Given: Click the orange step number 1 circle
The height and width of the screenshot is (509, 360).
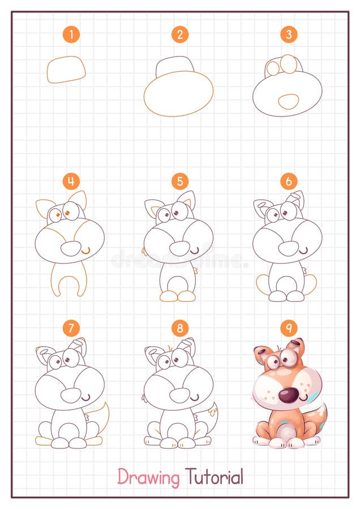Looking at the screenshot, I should tap(71, 35).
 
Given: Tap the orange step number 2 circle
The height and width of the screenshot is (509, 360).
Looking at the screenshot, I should tap(179, 35).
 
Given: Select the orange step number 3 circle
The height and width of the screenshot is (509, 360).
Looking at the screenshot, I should tap(288, 35).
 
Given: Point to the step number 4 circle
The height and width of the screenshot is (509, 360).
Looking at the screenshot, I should tap(71, 181).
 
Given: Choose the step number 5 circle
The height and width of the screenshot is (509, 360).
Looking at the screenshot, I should tap(179, 181).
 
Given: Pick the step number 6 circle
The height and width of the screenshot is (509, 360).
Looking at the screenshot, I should tap(288, 181).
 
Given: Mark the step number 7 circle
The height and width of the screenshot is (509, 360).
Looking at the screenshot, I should tap(71, 327).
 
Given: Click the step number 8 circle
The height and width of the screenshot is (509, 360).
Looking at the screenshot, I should tap(179, 327).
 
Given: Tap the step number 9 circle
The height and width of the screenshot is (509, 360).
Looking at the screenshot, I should tap(288, 327).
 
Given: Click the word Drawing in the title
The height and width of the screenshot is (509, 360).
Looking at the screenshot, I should tap(148, 477).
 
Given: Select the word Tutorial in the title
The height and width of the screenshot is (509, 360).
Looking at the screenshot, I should tap(214, 477).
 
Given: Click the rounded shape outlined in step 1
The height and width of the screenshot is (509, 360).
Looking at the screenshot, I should tap(66, 70).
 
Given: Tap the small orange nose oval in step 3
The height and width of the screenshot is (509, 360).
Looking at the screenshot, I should tap(289, 102).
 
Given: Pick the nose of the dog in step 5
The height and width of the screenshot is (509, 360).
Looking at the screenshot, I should tap(179, 248).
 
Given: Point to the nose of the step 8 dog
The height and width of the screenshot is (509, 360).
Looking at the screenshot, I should tap(179, 394).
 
